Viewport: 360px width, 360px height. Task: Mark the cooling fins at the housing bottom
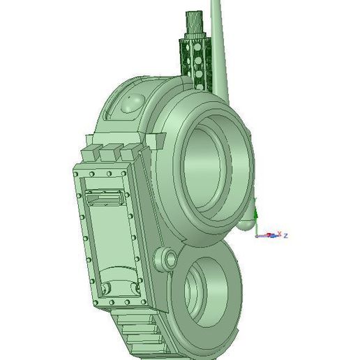pyautogui.click(x=140, y=335)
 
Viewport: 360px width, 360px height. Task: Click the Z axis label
pyautogui.click(x=286, y=235)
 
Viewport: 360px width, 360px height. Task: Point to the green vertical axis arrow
pyautogui.click(x=256, y=213)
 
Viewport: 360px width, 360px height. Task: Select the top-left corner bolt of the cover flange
pyautogui.click(x=76, y=170)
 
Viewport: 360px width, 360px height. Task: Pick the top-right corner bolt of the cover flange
pyautogui.click(x=133, y=170)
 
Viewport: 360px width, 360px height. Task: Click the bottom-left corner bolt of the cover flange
pyautogui.click(x=93, y=302)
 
